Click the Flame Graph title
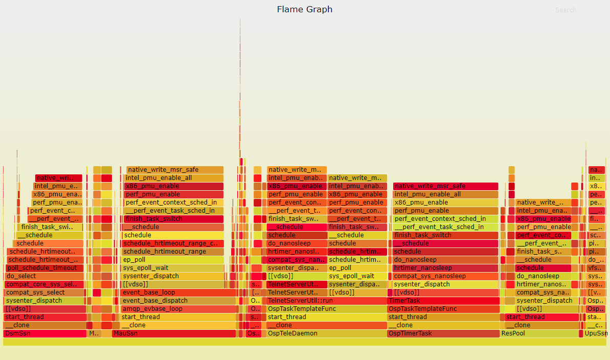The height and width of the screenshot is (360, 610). pyautogui.click(x=304, y=9)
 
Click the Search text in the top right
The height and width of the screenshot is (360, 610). pyautogui.click(x=566, y=10)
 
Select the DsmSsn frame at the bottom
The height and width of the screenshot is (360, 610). pyautogui.click(x=45, y=333)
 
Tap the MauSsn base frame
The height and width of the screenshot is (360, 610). pyautogui.click(x=174, y=333)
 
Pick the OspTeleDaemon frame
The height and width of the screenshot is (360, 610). pyautogui.click(x=326, y=333)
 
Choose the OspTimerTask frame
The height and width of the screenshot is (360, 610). pyautogui.click(x=443, y=333)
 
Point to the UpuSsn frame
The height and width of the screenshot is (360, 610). pyautogui.click(x=596, y=333)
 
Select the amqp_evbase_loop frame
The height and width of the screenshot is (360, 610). pyautogui.click(x=179, y=309)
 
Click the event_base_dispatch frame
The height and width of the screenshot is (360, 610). pyautogui.click(x=179, y=301)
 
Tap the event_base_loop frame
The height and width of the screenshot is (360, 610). pyautogui.click(x=179, y=292)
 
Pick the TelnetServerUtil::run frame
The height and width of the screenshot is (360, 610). pyautogui.click(x=326, y=301)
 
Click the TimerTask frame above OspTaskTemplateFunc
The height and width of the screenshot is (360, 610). pyautogui.click(x=443, y=301)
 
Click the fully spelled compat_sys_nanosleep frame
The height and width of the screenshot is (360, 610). pyautogui.click(x=445, y=276)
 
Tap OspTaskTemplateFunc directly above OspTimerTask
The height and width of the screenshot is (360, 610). pyautogui.click(x=443, y=309)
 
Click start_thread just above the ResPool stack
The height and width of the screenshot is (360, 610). pyautogui.click(x=541, y=317)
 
